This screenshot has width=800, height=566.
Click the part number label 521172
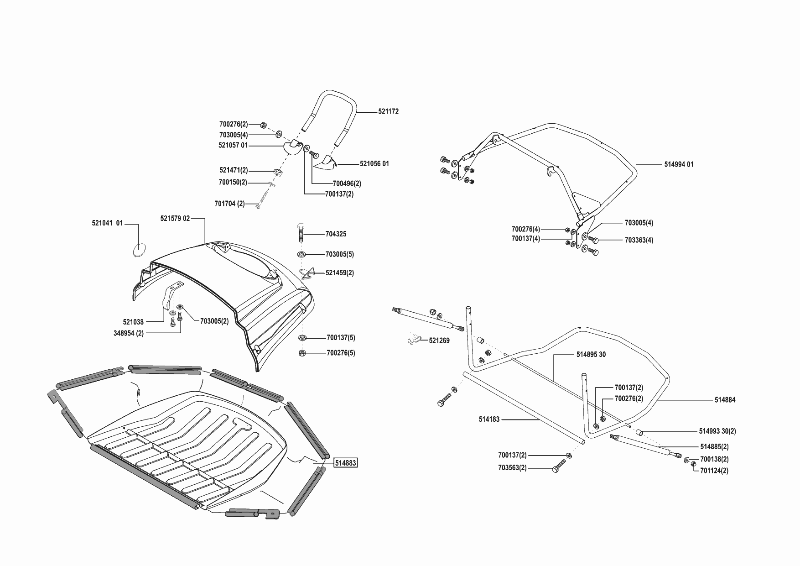coord(388,111)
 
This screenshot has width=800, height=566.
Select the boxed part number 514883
coord(346,463)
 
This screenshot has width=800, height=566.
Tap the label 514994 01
coord(679,164)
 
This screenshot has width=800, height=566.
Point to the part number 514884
coord(725,400)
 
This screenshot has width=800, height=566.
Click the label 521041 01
coord(107,223)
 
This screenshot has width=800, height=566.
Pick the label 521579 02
coord(175,219)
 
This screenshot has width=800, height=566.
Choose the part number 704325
coord(336,234)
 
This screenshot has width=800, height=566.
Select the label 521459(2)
coord(339,273)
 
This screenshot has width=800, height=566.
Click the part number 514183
coord(489,419)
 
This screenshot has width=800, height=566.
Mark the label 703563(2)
coord(512,468)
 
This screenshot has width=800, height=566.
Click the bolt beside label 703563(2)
coord(558,467)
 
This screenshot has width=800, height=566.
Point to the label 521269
coord(439,341)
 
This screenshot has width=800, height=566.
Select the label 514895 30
coord(591,355)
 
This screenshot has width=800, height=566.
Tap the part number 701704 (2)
coord(229,204)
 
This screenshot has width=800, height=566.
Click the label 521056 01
coord(374,164)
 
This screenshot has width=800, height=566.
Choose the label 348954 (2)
coord(129,333)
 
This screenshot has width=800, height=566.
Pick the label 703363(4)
coord(639,240)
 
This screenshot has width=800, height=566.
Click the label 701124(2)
coord(714,471)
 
